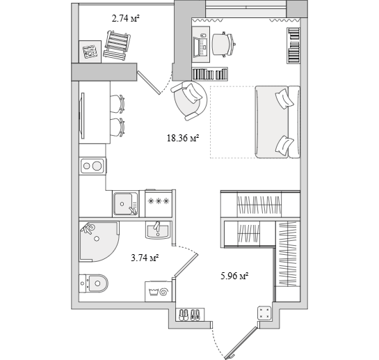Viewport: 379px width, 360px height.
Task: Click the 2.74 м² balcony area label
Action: pyautogui.click(x=126, y=18)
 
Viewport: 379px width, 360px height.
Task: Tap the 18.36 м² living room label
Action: pyautogui.click(x=183, y=138)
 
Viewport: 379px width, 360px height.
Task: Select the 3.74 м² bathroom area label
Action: pyautogui.click(x=145, y=258)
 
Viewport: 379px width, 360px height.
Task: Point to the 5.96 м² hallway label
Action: pyautogui.click(x=234, y=276)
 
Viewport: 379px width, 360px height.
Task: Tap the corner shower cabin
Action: pyautogui.click(x=99, y=242)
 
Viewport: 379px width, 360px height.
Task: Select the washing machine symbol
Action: pyautogui.click(x=159, y=292)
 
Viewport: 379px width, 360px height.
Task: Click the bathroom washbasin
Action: pyautogui.click(x=158, y=230)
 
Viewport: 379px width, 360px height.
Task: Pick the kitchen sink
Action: pyautogui.click(x=126, y=203)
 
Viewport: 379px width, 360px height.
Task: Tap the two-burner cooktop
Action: pyautogui.click(x=93, y=166)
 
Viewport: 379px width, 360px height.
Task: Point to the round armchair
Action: pyautogui.click(x=189, y=100)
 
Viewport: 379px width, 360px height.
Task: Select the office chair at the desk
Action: pyautogui.click(x=223, y=45)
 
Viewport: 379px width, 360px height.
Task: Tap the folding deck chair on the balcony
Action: pyautogui.click(x=117, y=45)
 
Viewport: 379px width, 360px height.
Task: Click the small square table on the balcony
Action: pyautogui.click(x=90, y=52)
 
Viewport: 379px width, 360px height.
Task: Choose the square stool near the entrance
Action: pyautogui.click(x=264, y=313)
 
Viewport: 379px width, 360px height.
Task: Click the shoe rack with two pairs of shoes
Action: pyautogui.click(x=190, y=315)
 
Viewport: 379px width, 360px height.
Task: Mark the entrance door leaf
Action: pyautogui.click(x=241, y=343)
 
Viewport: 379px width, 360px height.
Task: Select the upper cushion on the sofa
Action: pyautogui.click(x=284, y=98)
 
